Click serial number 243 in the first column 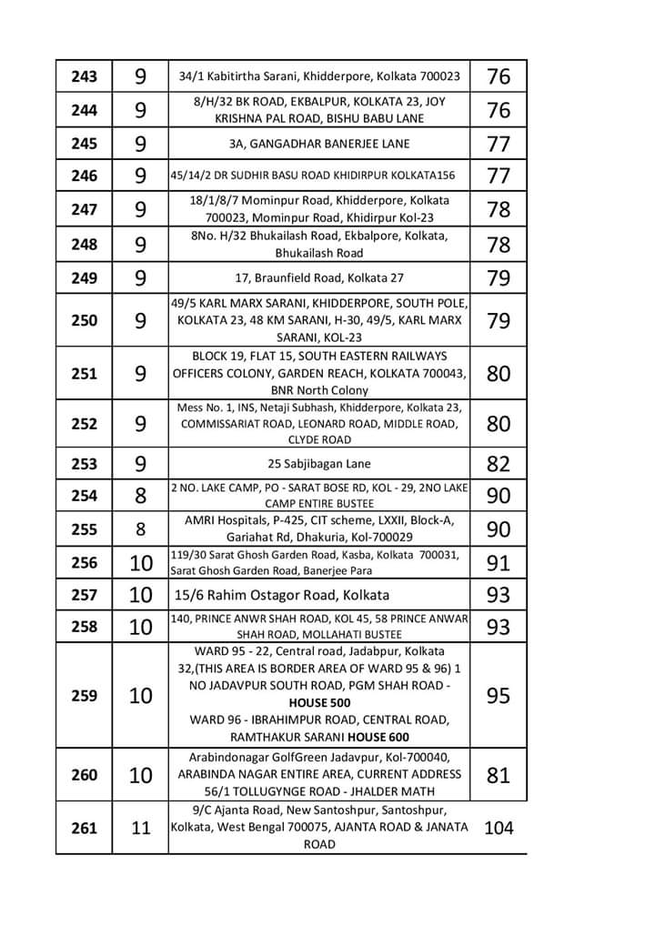click(x=84, y=76)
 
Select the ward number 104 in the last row click(x=499, y=828)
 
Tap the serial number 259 click(x=84, y=696)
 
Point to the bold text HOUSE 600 click(x=374, y=737)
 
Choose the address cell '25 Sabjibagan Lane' click(x=319, y=464)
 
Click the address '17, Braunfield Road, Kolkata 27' click(x=319, y=278)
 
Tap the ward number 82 click(x=499, y=464)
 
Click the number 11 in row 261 click(x=141, y=829)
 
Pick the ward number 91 click(x=499, y=563)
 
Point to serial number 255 click(x=84, y=529)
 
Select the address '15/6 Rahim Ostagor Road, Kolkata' click(x=282, y=596)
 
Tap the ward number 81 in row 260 click(x=499, y=775)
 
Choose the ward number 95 click(x=499, y=696)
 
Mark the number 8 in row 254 click(x=141, y=496)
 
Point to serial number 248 click(x=84, y=244)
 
